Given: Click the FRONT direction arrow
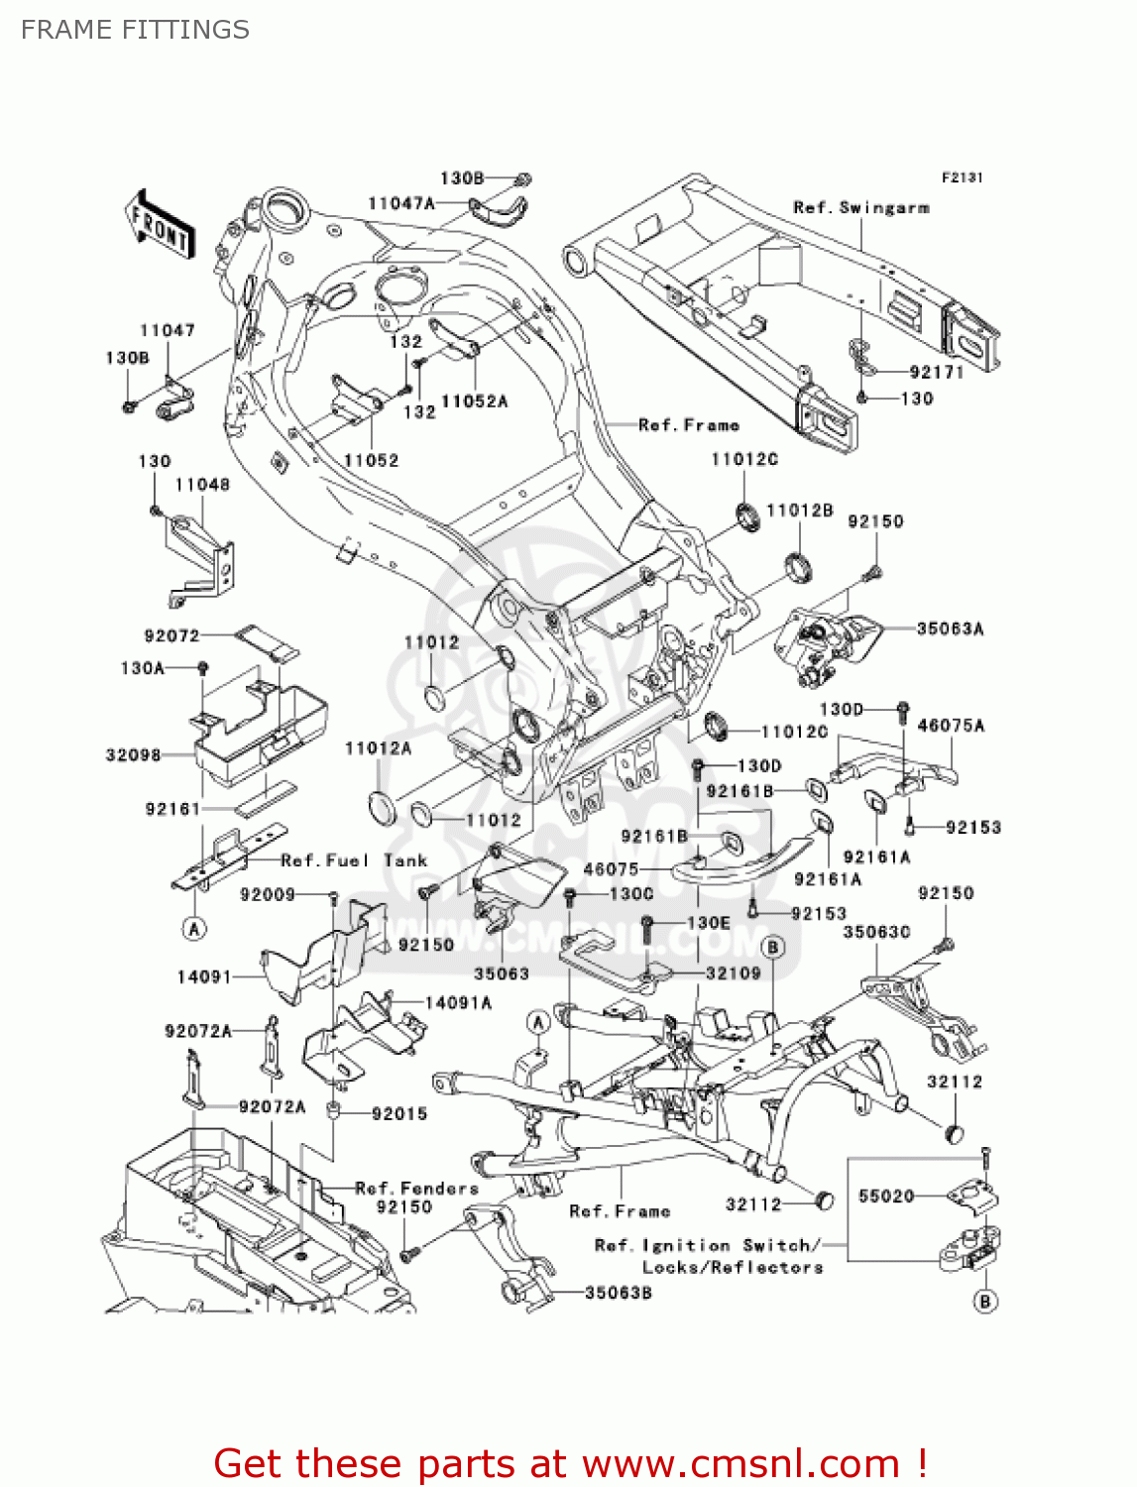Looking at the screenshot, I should pos(160,225).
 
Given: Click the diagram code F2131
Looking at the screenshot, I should pos(962,177).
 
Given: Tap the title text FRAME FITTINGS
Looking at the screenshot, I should pos(135,30).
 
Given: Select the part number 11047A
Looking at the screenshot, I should pos(400,203).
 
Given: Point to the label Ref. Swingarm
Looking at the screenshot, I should pos(860,207).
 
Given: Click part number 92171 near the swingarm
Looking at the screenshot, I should pos(936,372).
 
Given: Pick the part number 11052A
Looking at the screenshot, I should pos(474,401).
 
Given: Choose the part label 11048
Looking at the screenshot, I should pos(202,484).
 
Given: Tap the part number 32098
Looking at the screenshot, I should pos(133,754).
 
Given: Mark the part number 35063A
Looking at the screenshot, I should pos(950,629).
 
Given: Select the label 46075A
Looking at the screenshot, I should pos(951,726).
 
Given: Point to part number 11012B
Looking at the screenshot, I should pos(799,511).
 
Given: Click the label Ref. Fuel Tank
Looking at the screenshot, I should pos(354,860).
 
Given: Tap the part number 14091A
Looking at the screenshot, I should pos(458,1002).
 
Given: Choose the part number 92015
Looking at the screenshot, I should pos(399,1113).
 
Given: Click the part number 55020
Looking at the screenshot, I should pos(885,1197).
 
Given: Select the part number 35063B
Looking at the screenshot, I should pos(618,1293).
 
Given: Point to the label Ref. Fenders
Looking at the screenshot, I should pos(416,1188).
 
